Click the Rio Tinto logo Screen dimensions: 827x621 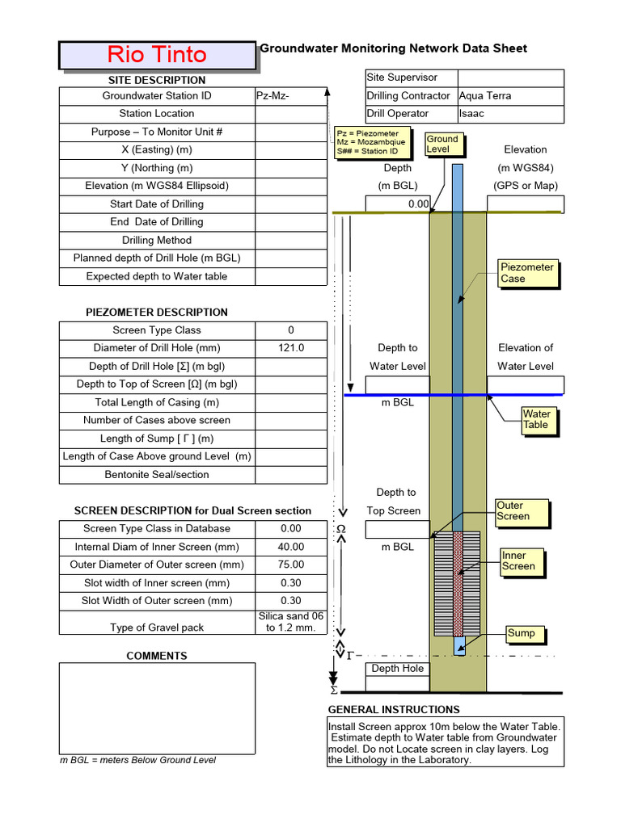(x=157, y=55)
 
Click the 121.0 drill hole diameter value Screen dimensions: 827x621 (x=290, y=348)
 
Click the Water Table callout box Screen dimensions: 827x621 (x=536, y=419)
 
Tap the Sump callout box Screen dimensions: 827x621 (x=522, y=634)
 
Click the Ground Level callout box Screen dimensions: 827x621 (x=442, y=145)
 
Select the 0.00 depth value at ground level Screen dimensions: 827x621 (x=398, y=204)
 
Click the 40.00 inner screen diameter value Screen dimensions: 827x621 (x=290, y=547)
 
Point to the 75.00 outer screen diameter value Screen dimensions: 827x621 (x=290, y=565)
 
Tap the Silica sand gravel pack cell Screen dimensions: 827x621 (x=290, y=622)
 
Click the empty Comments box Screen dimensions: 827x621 (x=157, y=707)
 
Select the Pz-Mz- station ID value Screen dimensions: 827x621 (x=290, y=96)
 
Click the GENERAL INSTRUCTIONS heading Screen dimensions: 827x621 (x=394, y=710)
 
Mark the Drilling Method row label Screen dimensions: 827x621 (x=157, y=240)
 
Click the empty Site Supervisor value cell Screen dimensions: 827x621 (x=510, y=78)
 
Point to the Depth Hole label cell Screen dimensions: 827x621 (x=398, y=669)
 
